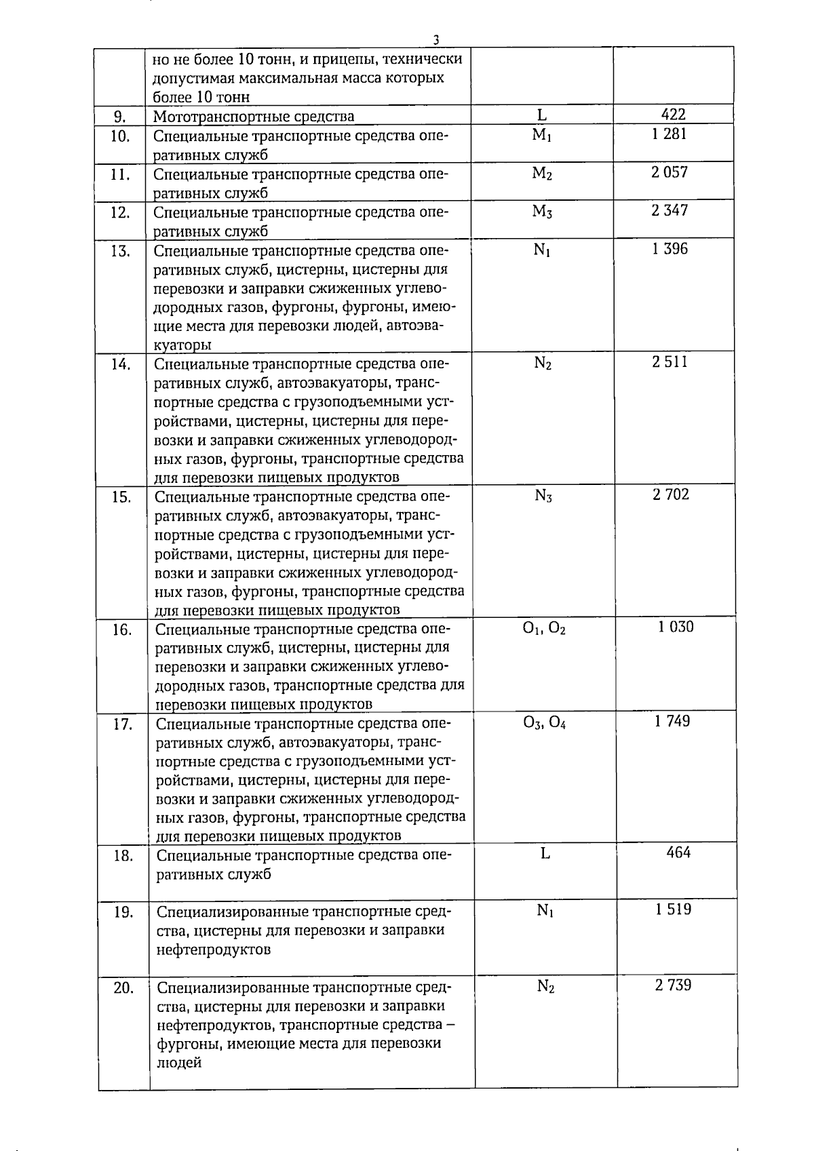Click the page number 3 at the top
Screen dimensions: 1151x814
tap(436, 39)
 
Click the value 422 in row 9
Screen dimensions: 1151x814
tap(673, 115)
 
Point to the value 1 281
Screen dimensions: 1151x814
tap(670, 134)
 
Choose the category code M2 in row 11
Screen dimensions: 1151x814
tap(542, 174)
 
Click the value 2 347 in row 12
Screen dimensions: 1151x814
tap(670, 210)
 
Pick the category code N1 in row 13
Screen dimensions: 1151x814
tap(542, 250)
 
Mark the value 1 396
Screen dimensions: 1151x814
tap(670, 249)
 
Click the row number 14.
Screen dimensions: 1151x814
tap(121, 364)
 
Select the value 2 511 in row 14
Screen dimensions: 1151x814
tap(670, 362)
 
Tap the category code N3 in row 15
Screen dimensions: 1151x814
tap(543, 496)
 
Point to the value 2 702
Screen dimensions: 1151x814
tap(671, 494)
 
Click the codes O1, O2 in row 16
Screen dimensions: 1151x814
tap(544, 629)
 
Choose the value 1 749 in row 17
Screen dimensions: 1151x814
tap(672, 721)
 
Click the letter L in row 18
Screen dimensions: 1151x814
tap(545, 853)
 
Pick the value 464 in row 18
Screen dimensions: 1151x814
tap(678, 853)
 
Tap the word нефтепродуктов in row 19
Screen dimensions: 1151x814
tap(214, 949)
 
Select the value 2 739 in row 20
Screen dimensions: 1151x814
tap(673, 986)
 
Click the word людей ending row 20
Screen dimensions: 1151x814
tap(179, 1062)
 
